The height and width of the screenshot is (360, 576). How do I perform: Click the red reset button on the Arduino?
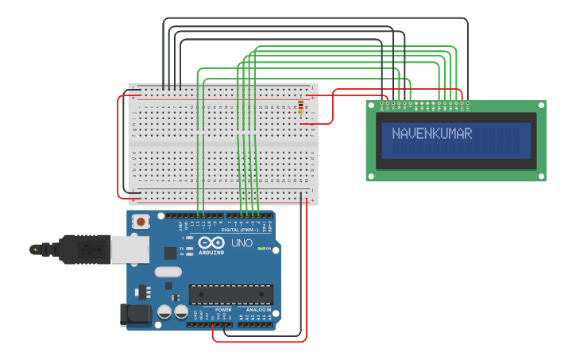[141, 222]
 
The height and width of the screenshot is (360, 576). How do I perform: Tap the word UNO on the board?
[241, 242]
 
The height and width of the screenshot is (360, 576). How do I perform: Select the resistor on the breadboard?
[301, 107]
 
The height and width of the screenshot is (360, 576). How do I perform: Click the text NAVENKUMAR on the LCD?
[431, 134]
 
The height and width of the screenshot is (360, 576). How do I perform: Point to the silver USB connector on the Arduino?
[130, 249]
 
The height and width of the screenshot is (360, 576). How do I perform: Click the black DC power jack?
[134, 315]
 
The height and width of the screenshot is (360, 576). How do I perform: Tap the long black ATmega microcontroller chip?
[230, 294]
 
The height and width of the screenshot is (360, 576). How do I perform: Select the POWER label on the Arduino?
[212, 310]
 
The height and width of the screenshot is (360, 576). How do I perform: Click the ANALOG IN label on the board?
[257, 310]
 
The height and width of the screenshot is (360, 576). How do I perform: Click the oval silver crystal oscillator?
[168, 272]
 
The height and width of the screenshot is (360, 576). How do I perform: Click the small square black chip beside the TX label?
[170, 253]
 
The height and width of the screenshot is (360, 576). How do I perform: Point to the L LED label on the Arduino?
[184, 238]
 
